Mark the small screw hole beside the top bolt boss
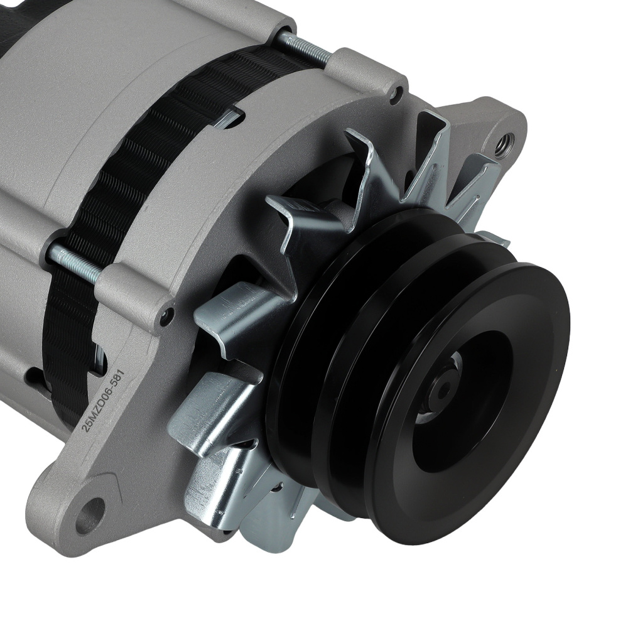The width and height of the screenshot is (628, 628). [x=396, y=95]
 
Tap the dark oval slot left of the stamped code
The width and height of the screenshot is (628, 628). [x=35, y=377]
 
